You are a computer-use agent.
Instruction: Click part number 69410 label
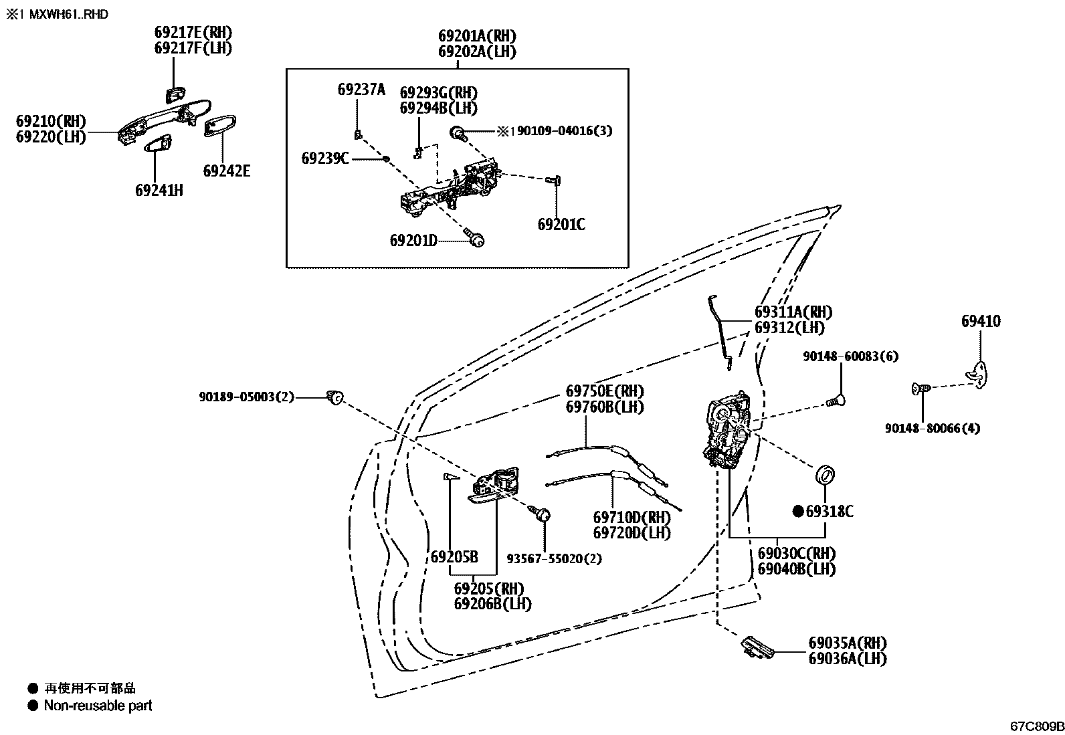(981, 322)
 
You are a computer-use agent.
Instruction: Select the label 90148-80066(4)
(932, 428)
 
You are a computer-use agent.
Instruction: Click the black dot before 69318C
(797, 512)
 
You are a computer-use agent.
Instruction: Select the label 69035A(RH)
(847, 643)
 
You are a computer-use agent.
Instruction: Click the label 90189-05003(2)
(246, 397)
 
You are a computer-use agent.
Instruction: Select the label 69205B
(454, 557)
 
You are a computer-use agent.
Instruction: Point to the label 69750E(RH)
(605, 391)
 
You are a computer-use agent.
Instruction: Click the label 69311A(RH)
(793, 312)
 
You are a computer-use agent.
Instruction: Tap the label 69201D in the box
(413, 240)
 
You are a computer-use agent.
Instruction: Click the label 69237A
(361, 90)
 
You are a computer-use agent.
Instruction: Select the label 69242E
(226, 171)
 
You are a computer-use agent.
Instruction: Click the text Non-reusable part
(98, 706)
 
